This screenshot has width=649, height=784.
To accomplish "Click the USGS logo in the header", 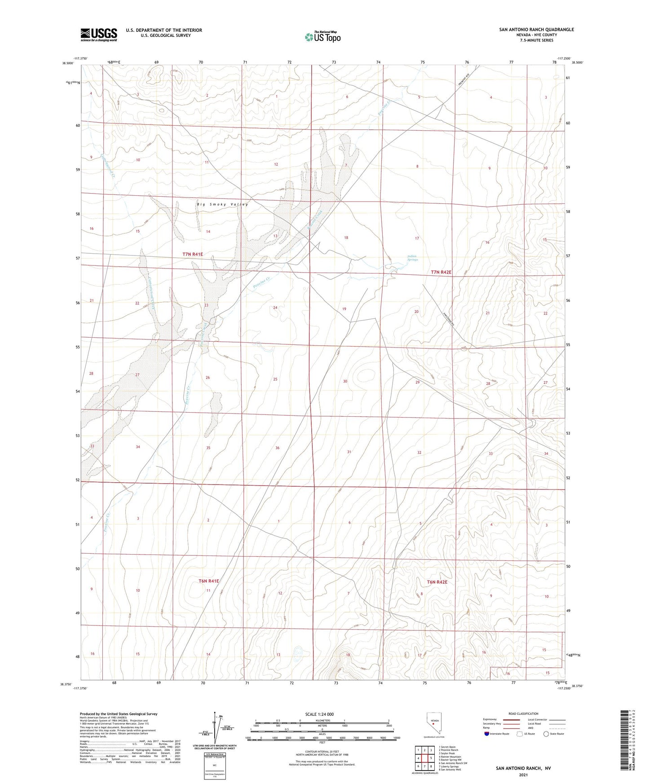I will (99, 34).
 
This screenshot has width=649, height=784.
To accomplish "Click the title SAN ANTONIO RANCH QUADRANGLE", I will (536, 30).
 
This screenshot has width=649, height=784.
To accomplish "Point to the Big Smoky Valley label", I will (222, 204).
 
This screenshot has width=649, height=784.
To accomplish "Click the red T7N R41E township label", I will (193, 254).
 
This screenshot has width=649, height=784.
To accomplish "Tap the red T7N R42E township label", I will (441, 272).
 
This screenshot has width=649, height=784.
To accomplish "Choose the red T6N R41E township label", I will (208, 581).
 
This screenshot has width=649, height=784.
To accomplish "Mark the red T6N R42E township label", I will (437, 582).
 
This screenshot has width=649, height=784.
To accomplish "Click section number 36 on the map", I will (277, 448).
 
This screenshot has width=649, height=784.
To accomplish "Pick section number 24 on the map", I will (275, 308).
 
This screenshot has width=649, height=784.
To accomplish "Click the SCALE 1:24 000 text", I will (319, 714).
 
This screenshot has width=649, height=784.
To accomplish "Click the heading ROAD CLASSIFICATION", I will (523, 714).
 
